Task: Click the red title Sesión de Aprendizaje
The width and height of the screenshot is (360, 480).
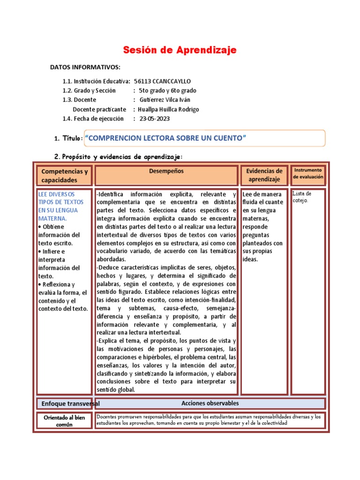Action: (180, 50)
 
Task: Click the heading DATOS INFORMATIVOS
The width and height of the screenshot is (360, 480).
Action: (85, 67)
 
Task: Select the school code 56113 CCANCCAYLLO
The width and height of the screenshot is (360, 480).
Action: (162, 81)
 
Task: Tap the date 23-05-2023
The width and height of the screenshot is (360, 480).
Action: (154, 119)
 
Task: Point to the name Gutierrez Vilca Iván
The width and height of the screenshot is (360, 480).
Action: (165, 100)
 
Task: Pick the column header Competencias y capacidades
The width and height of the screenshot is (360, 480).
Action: (64, 176)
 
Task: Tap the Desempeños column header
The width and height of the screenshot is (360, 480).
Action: (166, 172)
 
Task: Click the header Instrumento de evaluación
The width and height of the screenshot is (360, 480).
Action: (308, 173)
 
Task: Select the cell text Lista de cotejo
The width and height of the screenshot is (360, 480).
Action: (301, 197)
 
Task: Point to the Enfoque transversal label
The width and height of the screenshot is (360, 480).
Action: (70, 404)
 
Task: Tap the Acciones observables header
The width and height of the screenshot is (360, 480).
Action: (210, 403)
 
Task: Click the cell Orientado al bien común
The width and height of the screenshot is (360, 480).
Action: (64, 421)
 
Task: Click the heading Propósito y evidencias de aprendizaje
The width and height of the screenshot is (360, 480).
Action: (122, 156)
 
